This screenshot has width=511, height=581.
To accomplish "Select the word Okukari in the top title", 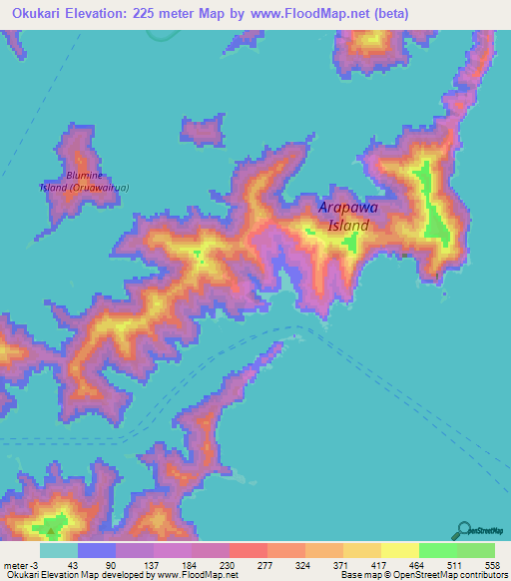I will pyautogui.click(x=44, y=14).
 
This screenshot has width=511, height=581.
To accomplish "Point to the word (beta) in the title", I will pyautogui.click(x=388, y=14).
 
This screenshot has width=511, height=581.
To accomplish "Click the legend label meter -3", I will pyautogui.click(x=21, y=566).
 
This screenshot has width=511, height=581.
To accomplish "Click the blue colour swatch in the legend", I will pyautogui.click(x=97, y=550).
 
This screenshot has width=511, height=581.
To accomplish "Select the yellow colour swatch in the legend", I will pyautogui.click(x=399, y=550).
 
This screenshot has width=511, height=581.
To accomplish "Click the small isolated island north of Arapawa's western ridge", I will pyautogui.click(x=204, y=130).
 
